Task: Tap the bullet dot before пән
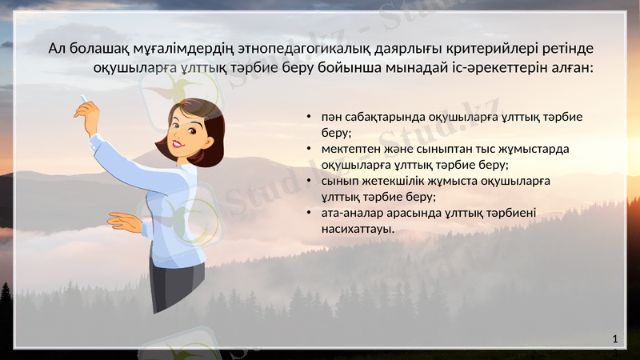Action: (x=308, y=117)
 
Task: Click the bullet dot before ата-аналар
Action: (x=308, y=214)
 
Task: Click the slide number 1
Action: (x=614, y=339)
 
